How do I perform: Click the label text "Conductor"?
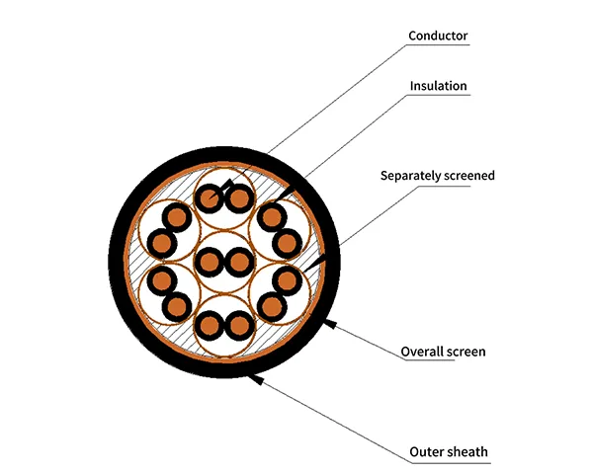click(438, 37)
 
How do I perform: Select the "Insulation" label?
click(439, 86)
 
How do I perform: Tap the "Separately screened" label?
click(438, 176)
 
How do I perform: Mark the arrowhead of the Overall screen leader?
click(335, 323)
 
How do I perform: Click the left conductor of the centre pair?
click(210, 262)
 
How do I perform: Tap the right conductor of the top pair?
click(239, 198)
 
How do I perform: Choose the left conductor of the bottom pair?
click(210, 325)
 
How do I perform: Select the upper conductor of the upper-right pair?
click(270, 215)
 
